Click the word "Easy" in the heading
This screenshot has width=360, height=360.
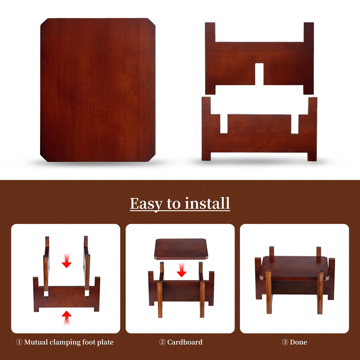[146, 204]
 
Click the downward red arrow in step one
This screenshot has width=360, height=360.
[67, 261]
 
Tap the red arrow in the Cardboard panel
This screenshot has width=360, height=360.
[181, 270]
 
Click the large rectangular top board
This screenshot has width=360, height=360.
[98, 90]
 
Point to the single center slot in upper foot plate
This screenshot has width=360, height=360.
[259, 74]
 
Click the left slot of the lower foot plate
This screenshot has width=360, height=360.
[224, 124]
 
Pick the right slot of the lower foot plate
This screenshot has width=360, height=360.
[295, 124]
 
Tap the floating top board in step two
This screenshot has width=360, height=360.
[181, 249]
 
